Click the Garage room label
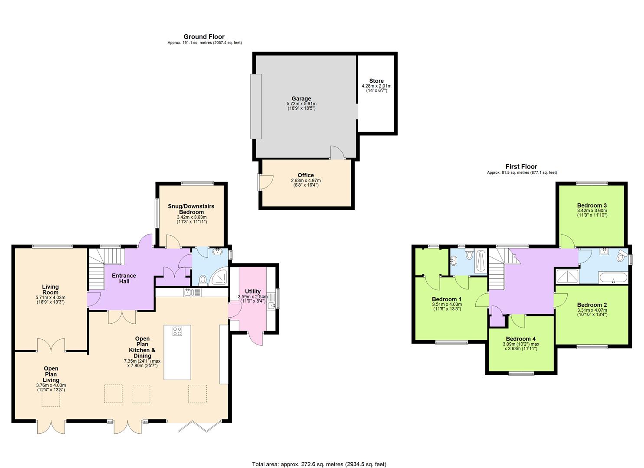click(301, 99)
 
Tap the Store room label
click(376, 81)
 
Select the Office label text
click(306, 175)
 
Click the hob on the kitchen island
click(177, 331)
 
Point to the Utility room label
click(252, 292)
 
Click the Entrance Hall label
click(124, 278)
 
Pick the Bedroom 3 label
click(592, 205)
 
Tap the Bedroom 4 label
click(520, 339)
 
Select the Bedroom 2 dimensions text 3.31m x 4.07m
click(592, 310)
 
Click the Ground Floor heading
click(204, 37)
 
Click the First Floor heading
click(521, 167)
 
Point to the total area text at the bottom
click(319, 464)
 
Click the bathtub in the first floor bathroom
click(613, 278)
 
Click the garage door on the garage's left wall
click(256, 106)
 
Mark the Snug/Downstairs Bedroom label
click(191, 209)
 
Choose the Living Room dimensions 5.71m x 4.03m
click(50, 297)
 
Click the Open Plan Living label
click(51, 374)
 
